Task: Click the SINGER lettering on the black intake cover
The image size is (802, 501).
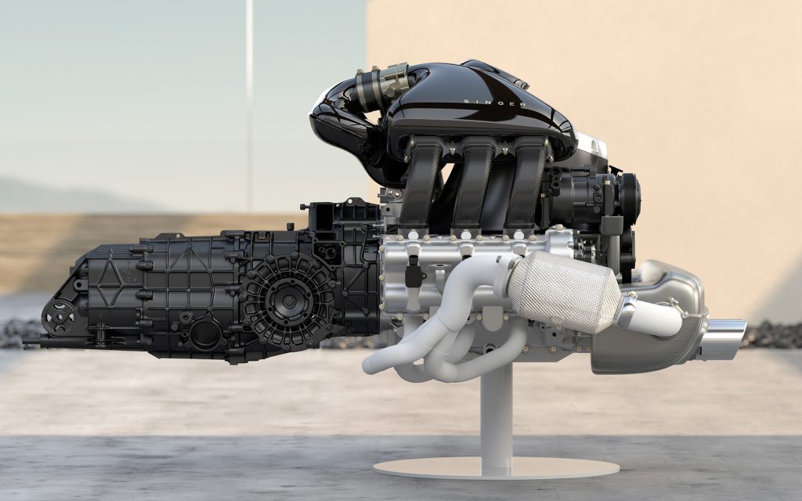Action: coord(495,103)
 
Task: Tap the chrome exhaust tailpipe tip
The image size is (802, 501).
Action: coord(723,339)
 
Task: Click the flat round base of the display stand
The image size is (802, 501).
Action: coord(496,467)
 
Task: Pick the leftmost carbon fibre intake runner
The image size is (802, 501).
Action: coord(421,184)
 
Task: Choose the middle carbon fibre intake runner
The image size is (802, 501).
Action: coord(472,185)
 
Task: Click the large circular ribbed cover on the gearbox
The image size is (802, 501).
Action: coord(288,301)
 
